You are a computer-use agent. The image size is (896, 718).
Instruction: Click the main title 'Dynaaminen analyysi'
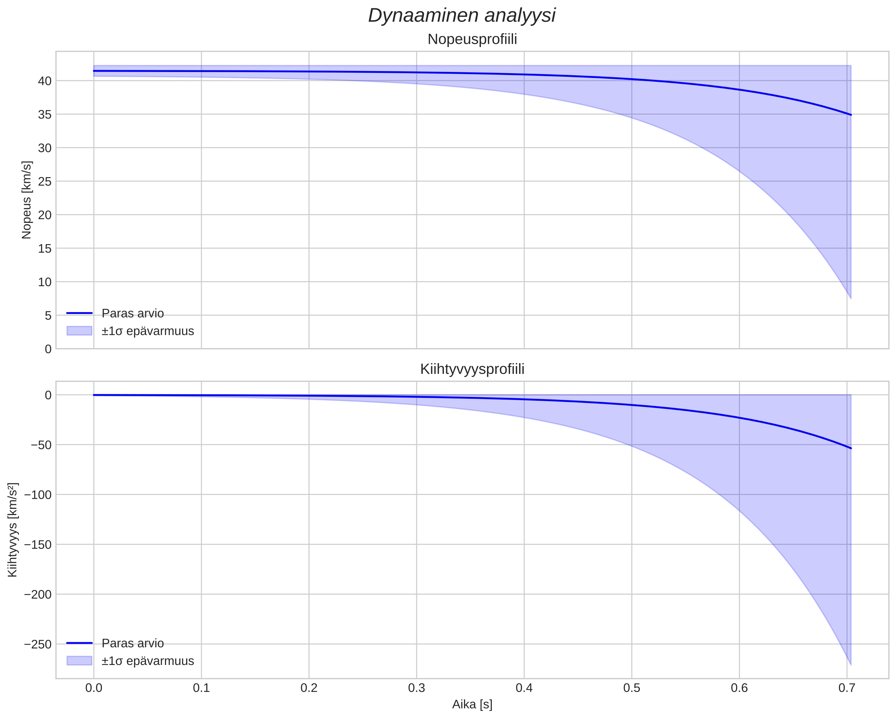pyautogui.click(x=462, y=16)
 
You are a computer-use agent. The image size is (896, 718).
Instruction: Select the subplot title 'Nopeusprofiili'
pyautogui.click(x=472, y=39)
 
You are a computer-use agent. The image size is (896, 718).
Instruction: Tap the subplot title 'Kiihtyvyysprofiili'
pyautogui.click(x=472, y=369)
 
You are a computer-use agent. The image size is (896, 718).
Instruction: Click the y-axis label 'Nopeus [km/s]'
pyautogui.click(x=27, y=200)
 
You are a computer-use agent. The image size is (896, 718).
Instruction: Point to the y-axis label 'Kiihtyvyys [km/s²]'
pyautogui.click(x=13, y=530)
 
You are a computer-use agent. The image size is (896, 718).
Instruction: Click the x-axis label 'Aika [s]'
pyautogui.click(x=472, y=705)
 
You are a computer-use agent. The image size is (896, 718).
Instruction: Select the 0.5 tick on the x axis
pyautogui.click(x=631, y=688)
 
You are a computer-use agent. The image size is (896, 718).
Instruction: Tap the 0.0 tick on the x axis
pyautogui.click(x=94, y=688)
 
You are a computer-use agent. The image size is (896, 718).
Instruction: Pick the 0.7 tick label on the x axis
pyautogui.click(x=847, y=688)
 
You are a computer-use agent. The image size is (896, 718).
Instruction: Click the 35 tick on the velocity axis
pyautogui.click(x=44, y=114)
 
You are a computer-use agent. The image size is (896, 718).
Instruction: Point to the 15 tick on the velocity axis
pyautogui.click(x=44, y=249)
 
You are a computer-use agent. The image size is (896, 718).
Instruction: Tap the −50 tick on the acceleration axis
pyautogui.click(x=41, y=445)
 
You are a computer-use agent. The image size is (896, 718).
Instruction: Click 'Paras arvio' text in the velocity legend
pyautogui.click(x=132, y=313)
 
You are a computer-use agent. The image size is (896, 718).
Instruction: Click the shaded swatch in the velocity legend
pyautogui.click(x=79, y=331)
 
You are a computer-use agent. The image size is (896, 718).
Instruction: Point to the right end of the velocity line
pyautogui.click(x=851, y=115)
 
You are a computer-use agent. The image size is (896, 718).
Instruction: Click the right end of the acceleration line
pyautogui.click(x=851, y=448)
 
